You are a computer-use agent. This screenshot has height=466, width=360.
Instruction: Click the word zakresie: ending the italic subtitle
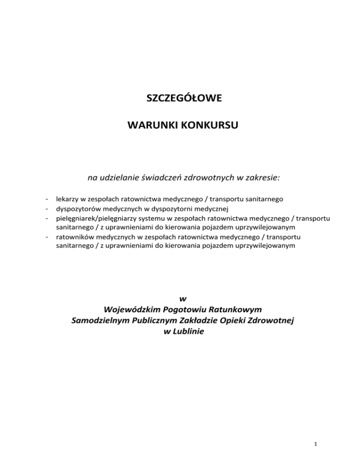pos(260,178)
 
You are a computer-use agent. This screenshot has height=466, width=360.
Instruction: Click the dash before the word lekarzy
pos(48,199)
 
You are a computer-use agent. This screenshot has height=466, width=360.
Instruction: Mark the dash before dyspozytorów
pos(48,209)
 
